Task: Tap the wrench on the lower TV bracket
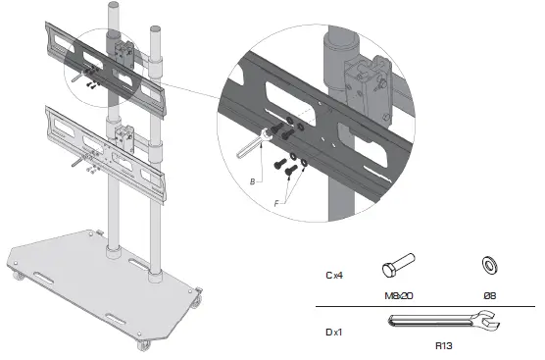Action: point(77,165)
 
